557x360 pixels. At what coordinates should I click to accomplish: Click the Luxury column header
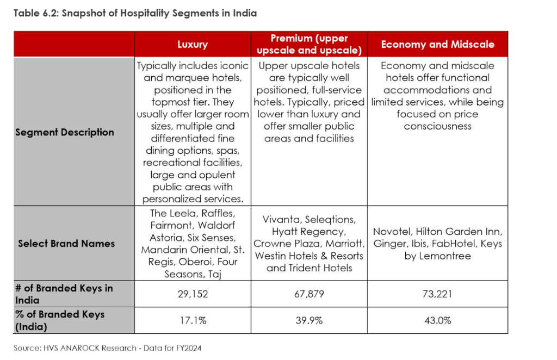click(x=193, y=45)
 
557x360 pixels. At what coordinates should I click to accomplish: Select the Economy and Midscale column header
click(x=437, y=45)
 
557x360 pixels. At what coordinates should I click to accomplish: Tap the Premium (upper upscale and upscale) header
click(x=309, y=45)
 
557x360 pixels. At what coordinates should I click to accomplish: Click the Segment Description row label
click(x=65, y=132)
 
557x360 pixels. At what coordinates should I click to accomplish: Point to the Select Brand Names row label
click(x=66, y=243)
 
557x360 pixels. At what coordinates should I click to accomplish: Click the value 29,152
click(x=193, y=294)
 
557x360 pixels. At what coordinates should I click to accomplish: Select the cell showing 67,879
click(x=309, y=294)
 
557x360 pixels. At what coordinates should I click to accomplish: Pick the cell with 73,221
click(x=437, y=294)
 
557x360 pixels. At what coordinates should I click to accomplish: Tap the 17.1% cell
click(x=193, y=320)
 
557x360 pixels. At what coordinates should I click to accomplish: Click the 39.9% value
click(x=309, y=320)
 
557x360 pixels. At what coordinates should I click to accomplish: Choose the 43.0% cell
click(x=437, y=320)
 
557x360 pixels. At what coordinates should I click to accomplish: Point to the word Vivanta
click(x=281, y=220)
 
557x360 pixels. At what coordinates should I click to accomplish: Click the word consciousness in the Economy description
click(x=437, y=126)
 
